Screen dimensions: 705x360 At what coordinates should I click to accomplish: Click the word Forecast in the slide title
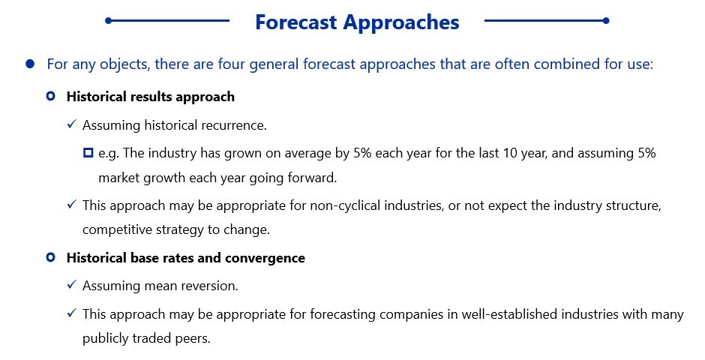(x=295, y=22)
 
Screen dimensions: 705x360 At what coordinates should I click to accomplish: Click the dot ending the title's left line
(x=108, y=20)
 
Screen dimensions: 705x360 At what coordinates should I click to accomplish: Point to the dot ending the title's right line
(x=606, y=20)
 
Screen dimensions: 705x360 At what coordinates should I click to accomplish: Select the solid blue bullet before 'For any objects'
(x=30, y=64)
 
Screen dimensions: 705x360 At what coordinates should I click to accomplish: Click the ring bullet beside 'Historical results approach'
(x=51, y=96)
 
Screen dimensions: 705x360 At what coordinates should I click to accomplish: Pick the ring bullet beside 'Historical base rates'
(x=51, y=257)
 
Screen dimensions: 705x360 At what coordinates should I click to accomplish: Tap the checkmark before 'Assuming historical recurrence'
(x=72, y=124)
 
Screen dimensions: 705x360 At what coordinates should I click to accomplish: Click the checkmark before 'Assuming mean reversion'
(x=72, y=285)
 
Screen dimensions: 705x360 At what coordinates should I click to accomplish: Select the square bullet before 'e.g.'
(x=88, y=153)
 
